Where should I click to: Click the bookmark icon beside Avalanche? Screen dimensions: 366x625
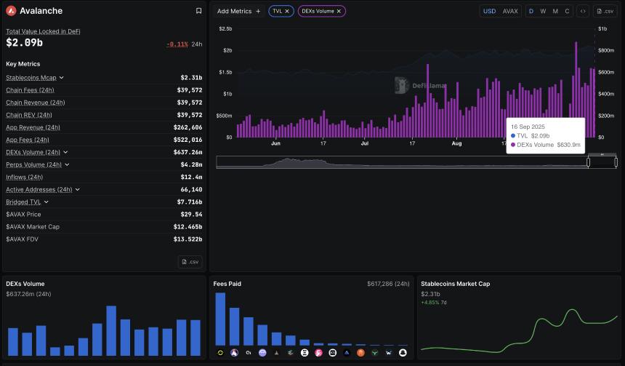coord(199,11)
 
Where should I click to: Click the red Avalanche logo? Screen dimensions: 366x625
coord(11,11)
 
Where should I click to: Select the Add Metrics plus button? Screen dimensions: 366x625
coord(258,12)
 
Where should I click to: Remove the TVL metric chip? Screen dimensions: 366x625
coord(287,12)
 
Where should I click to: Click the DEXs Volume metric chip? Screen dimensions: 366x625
coord(317,12)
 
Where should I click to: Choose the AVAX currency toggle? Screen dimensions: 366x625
coord(510,12)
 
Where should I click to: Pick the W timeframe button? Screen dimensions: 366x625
coord(543,12)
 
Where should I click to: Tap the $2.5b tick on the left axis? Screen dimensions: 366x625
coord(225,28)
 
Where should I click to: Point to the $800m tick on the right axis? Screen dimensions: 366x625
coord(605,50)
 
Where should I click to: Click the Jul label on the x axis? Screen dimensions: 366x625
coord(365,143)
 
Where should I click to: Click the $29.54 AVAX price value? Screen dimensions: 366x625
coord(191,215)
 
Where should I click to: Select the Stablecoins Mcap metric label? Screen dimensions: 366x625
coord(31,78)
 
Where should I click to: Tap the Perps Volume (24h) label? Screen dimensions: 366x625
coord(34,165)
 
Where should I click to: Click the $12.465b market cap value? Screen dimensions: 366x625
coord(186,227)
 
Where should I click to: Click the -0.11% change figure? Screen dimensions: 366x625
coord(177,44)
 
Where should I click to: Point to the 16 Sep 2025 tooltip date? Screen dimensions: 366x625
coord(528,127)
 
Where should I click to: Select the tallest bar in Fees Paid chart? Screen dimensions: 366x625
coord(220,319)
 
